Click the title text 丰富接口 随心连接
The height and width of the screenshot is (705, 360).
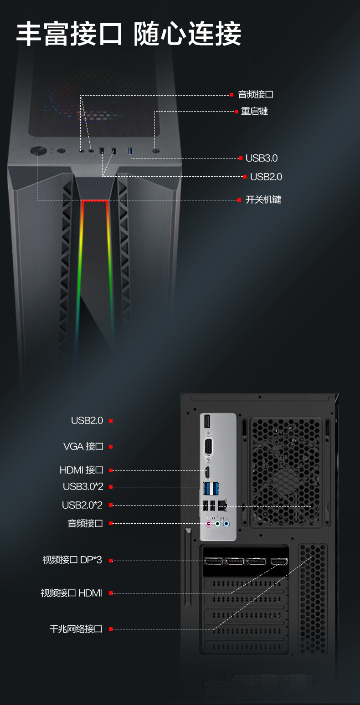(129, 34)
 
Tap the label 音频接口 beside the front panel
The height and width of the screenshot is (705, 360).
(255, 95)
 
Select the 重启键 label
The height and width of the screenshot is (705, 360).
(254, 111)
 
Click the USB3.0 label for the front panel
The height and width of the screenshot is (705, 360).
(262, 158)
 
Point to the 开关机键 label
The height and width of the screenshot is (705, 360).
(263, 199)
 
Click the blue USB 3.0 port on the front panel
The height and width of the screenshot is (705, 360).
(130, 151)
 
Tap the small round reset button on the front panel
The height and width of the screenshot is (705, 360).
(156, 150)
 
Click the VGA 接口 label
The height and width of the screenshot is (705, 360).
(83, 446)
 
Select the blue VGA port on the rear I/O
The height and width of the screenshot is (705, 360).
(209, 446)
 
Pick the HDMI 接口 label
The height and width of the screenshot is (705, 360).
(82, 470)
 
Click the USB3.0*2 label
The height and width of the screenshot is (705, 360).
(83, 486)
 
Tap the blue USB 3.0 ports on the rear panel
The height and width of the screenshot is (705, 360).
(211, 488)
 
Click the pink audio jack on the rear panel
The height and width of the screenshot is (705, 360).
(209, 524)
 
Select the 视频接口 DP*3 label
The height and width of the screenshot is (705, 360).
(72, 560)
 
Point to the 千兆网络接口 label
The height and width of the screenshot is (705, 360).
(76, 629)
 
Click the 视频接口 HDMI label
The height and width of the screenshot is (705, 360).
(71, 593)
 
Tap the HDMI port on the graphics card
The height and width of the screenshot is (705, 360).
(278, 561)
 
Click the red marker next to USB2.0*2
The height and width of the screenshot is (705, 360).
(111, 505)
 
